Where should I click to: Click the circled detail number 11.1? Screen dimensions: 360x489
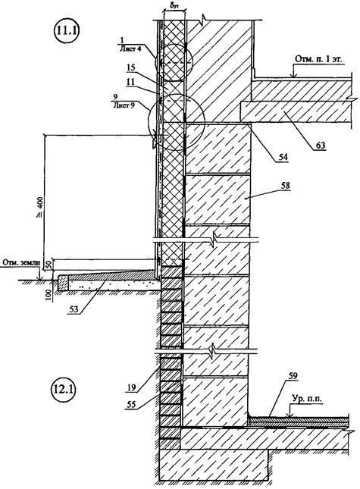(x=67, y=31)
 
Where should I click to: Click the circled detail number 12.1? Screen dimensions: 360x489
(x=62, y=390)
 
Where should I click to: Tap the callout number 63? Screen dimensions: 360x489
(x=320, y=145)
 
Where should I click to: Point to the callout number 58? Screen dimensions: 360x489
(x=284, y=185)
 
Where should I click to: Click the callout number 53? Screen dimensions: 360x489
(x=74, y=309)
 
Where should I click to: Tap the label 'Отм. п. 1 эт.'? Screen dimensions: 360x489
(x=318, y=59)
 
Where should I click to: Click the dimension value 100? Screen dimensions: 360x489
(x=49, y=293)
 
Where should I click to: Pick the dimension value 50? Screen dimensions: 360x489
(x=49, y=265)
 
